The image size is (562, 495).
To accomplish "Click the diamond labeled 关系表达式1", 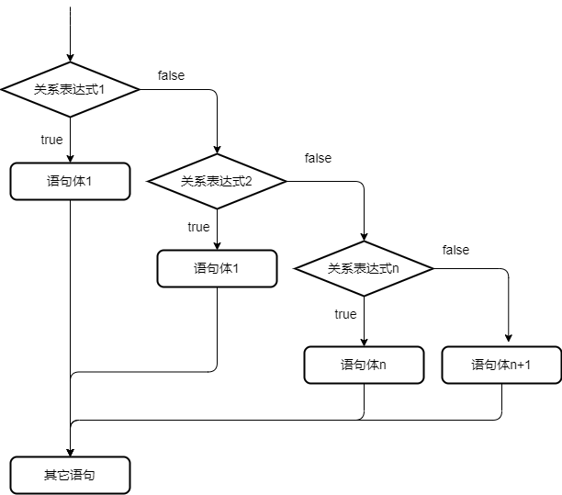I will [x=70, y=90].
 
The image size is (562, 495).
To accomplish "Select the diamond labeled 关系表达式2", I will [x=217, y=181].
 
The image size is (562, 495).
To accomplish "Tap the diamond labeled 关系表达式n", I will [x=364, y=268].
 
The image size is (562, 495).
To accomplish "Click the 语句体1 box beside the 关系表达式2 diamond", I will [x=70, y=181].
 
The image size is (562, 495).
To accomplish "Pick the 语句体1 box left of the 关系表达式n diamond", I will [x=217, y=268].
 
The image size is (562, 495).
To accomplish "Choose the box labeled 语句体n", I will [x=364, y=365].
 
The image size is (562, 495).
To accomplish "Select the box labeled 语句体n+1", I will [x=501, y=365].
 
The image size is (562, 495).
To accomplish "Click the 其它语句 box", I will [x=70, y=475].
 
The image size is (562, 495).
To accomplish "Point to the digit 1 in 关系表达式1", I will [x=103, y=90].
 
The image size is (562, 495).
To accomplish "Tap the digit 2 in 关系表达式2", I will [x=249, y=181].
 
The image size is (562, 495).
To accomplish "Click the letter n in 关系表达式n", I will [x=396, y=268].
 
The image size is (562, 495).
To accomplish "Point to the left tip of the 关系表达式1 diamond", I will [x=5, y=90].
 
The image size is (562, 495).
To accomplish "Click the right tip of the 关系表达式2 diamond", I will [x=284, y=181].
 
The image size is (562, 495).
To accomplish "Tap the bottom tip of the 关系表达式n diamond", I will [x=364, y=295].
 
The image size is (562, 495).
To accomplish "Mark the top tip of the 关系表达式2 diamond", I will [x=217, y=155].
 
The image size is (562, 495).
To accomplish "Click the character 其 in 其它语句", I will [x=50, y=475].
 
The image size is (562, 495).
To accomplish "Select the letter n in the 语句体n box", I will [x=382, y=365].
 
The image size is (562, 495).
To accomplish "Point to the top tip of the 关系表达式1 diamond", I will [x=70, y=63].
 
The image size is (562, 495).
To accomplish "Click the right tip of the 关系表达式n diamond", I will [x=431, y=268].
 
